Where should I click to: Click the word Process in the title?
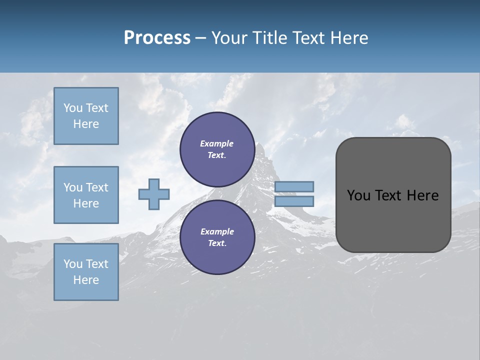[x=157, y=38]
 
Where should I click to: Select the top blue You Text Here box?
[x=86, y=116]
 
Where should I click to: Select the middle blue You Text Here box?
[x=86, y=195]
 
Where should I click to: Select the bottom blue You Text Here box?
[x=86, y=272]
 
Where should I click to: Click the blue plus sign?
[x=154, y=194]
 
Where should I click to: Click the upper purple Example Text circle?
[x=217, y=149]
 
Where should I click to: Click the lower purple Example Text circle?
[x=217, y=237]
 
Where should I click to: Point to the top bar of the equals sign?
[x=294, y=186]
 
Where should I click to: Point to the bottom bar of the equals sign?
[x=294, y=201]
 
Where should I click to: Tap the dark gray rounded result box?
[x=393, y=220]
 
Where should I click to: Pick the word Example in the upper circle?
[x=217, y=143]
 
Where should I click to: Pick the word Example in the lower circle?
[x=217, y=231]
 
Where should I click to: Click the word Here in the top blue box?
[x=86, y=124]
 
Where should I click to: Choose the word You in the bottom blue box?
[x=73, y=264]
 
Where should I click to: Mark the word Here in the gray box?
[x=422, y=195]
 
